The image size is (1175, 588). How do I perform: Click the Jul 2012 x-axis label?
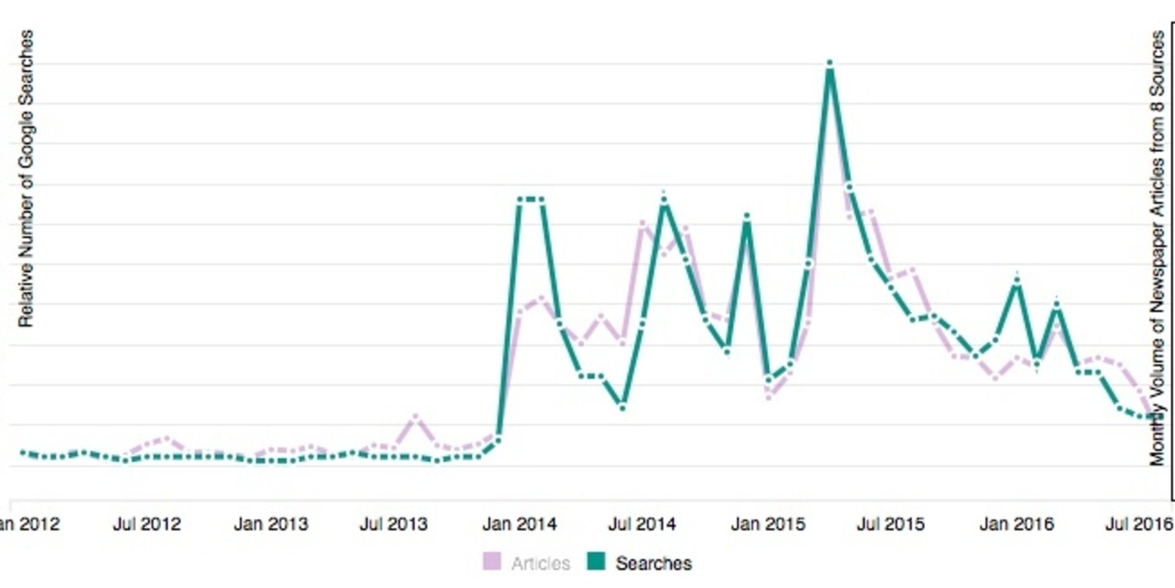coord(147,524)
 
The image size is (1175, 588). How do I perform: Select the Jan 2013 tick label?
coord(271,524)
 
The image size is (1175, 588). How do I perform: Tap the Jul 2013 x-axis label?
coord(394,524)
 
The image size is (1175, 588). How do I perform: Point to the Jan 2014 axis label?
coord(519,524)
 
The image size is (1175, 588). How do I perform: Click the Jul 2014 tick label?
coord(642,524)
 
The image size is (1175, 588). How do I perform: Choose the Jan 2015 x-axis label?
coord(767,524)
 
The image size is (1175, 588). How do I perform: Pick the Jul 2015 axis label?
coord(891,524)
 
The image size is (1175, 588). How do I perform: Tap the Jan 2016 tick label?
coord(1016,524)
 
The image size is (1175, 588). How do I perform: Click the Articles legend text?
coord(540,563)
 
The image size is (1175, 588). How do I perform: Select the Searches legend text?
coord(654,563)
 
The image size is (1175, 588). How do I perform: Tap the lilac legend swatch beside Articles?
coord(492,561)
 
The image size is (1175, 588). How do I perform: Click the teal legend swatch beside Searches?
coord(596,561)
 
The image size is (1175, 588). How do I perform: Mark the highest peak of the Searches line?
coord(829,64)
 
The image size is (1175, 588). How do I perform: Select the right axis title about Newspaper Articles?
coord(1157,248)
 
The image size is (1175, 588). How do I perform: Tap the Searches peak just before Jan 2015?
coord(747,217)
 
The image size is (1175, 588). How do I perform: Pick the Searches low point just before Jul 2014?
coord(623,407)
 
